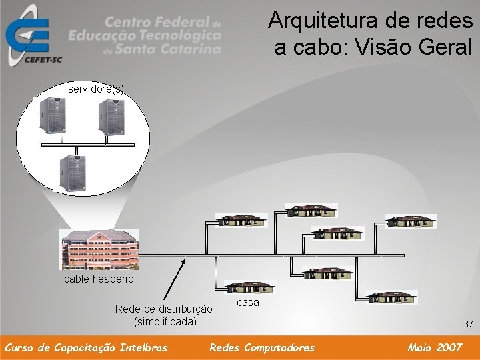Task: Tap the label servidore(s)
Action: tap(96, 88)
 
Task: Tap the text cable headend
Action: tap(98, 279)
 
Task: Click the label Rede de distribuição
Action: tap(163, 309)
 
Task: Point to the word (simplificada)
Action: tap(165, 321)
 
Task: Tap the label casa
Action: tap(248, 303)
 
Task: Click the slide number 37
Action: tap(468, 325)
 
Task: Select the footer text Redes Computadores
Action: tap(262, 347)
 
